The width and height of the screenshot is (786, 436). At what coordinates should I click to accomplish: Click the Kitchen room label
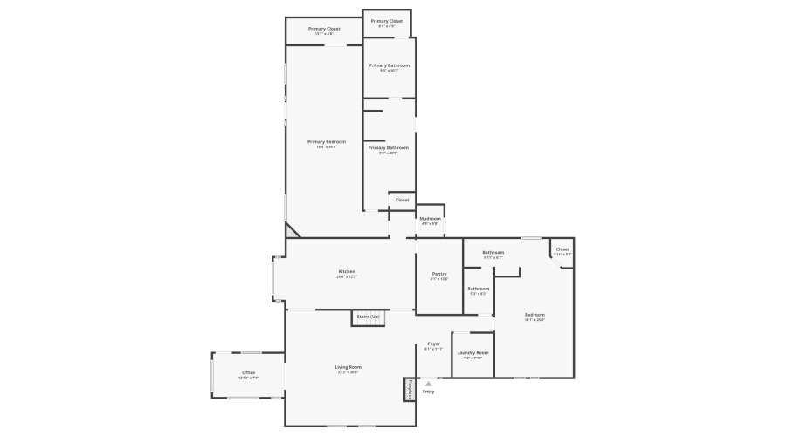tap(347, 271)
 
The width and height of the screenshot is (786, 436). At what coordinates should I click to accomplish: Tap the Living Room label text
tap(348, 367)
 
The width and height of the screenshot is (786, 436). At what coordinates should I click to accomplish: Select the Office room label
tap(249, 373)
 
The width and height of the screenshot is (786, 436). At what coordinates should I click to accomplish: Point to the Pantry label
tap(438, 274)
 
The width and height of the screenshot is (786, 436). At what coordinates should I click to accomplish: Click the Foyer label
tap(433, 344)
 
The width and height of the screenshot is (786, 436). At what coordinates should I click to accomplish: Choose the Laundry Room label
tap(472, 352)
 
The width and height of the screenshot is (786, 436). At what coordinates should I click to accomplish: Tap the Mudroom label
tap(430, 218)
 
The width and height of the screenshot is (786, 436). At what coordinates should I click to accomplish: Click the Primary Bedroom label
tap(326, 141)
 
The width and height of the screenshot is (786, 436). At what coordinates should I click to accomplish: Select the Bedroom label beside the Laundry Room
tap(534, 314)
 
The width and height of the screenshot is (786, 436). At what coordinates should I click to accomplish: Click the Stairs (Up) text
tap(368, 316)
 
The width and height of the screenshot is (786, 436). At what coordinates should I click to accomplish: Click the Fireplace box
tap(408, 389)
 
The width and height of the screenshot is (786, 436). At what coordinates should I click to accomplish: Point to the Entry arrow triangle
tap(428, 383)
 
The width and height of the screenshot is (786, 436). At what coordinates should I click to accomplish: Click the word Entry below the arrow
tap(428, 392)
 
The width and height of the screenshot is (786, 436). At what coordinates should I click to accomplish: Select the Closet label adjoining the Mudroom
tap(402, 200)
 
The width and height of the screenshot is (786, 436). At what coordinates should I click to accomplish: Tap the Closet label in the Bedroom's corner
tap(562, 249)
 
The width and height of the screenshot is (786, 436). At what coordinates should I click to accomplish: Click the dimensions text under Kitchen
tap(347, 276)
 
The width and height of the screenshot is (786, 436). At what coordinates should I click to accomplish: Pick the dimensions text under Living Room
tap(348, 372)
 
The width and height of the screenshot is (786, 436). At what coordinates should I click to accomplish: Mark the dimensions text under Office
tap(249, 378)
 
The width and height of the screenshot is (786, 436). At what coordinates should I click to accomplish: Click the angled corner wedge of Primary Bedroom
tap(292, 231)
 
